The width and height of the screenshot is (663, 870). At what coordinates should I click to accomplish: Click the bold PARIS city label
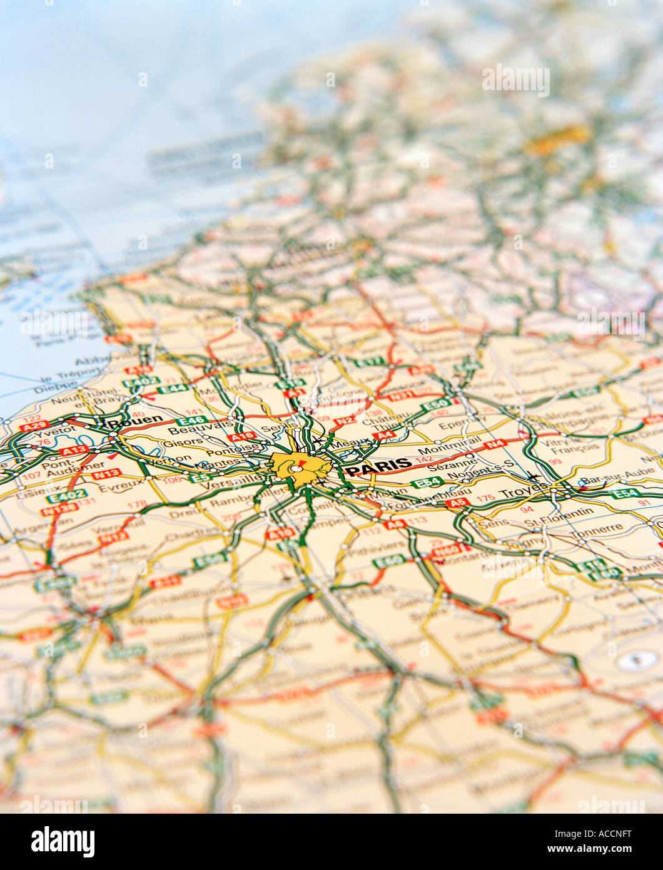pyautogui.click(x=379, y=466)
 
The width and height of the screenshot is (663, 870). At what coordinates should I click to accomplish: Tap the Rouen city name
pyautogui.click(x=135, y=421)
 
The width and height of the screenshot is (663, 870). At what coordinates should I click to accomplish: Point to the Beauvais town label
pyautogui.click(x=192, y=431)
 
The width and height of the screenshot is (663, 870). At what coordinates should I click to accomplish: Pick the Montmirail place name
pyautogui.click(x=441, y=449)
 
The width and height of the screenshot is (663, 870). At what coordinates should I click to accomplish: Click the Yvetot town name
pyautogui.click(x=51, y=432)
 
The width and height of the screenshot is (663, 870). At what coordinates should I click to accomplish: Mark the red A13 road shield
pyautogui.click(x=74, y=450)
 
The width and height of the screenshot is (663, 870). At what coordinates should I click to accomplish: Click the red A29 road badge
pyautogui.click(x=34, y=426)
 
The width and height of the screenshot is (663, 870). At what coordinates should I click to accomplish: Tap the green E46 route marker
pyautogui.click(x=191, y=420)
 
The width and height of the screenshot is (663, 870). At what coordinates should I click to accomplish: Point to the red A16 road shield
pyautogui.click(x=241, y=436)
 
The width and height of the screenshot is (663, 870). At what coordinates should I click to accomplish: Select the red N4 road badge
pyautogui.click(x=495, y=444)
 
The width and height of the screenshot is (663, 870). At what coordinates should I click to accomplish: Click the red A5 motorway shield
pyautogui.click(x=458, y=502)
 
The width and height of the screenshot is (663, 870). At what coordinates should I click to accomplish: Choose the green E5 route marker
pyautogui.click(x=200, y=478)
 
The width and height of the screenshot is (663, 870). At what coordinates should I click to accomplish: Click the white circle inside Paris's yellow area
pyautogui.click(x=292, y=468)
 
